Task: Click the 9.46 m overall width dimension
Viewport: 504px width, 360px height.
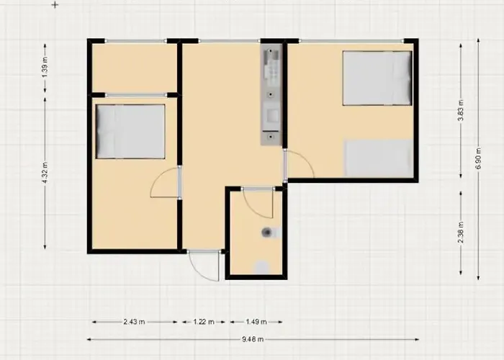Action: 253,339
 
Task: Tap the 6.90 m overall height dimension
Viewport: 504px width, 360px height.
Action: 478,159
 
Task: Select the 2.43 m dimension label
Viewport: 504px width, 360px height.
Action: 134,322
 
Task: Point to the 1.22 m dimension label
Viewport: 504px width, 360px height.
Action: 204,322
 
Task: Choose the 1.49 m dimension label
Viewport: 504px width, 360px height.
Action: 256,322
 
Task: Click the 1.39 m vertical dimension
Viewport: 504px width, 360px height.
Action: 45,67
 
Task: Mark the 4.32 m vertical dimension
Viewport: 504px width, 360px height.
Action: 45,173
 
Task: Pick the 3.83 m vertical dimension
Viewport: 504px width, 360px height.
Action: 461,110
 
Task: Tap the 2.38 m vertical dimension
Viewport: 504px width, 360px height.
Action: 461,233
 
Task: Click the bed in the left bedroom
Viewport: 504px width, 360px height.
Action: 130,132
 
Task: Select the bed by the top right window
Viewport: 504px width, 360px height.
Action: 377,78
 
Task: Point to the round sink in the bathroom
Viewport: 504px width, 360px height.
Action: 267,232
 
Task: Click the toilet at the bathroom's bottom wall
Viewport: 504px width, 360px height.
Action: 262,267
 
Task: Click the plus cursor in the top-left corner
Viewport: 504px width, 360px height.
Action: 55,5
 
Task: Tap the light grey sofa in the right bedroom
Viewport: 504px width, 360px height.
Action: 379,158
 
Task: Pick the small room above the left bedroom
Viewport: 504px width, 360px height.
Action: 135,68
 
